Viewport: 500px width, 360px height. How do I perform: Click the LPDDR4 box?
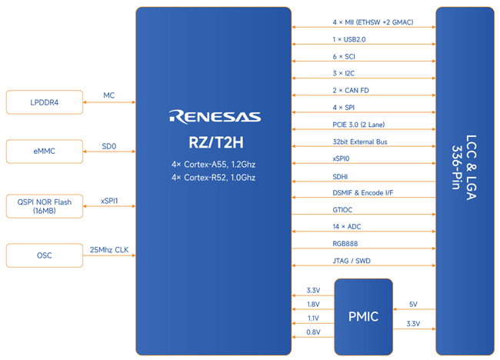45,102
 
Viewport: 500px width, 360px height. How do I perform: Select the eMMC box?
45,152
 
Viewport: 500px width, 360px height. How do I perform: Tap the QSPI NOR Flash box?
45,206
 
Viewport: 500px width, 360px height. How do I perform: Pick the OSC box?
45,255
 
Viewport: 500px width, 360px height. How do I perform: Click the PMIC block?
363,316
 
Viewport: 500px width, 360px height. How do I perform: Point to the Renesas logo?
215,117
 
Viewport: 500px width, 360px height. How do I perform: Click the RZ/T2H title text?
215,142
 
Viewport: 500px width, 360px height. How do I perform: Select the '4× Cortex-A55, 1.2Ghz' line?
213,165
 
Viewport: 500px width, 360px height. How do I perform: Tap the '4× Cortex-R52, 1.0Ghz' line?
213,178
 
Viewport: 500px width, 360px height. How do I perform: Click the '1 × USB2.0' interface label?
349,39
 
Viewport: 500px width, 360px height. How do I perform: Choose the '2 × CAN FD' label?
350,90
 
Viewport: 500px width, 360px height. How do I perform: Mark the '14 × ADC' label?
347,227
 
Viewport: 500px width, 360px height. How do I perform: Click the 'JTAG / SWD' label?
352,261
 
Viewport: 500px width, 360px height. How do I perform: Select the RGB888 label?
346,244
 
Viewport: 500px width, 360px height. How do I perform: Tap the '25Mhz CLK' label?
109,250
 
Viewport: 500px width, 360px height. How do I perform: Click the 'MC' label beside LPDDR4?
109,96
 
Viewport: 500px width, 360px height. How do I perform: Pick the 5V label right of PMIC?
413,304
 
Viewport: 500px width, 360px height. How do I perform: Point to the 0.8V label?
313,332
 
